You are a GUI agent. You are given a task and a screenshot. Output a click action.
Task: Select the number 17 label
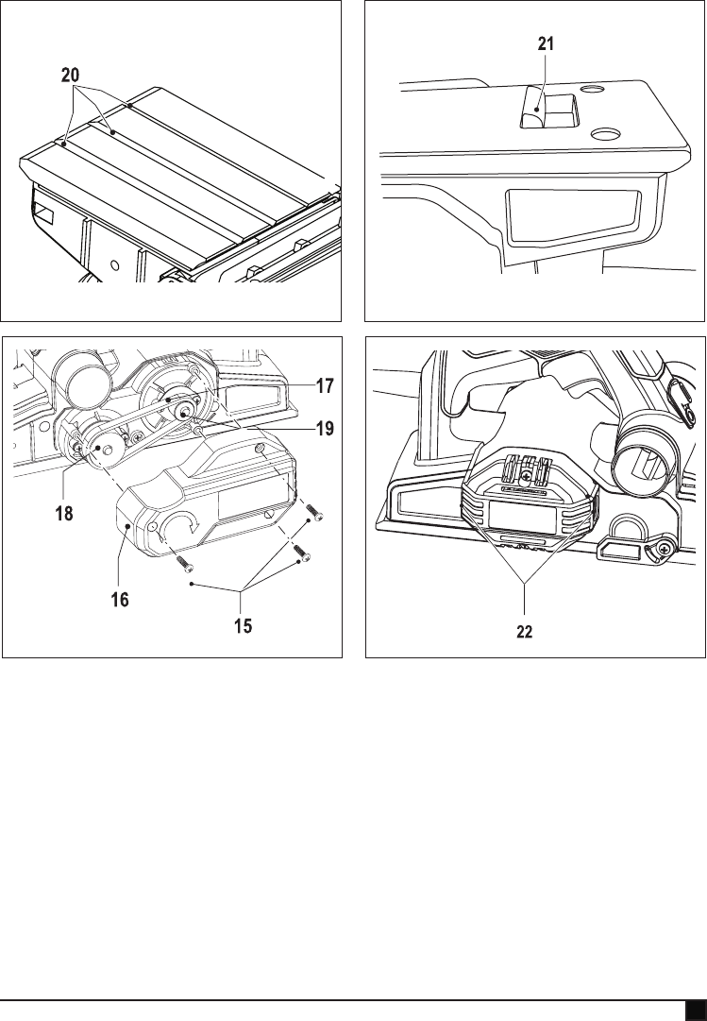pos(325,385)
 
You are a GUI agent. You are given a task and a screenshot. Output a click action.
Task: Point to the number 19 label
pos(325,429)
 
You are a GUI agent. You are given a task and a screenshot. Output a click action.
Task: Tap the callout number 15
pos(244,625)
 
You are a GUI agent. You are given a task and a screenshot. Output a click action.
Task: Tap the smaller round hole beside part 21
pos(592,90)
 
